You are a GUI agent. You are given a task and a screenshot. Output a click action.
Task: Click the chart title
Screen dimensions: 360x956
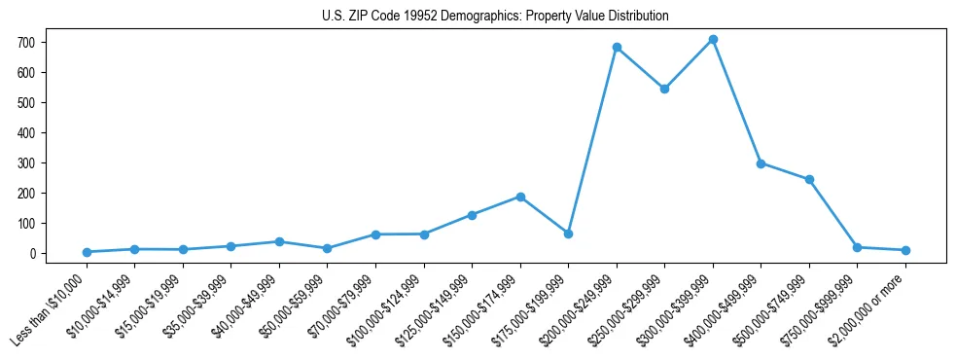[495, 17]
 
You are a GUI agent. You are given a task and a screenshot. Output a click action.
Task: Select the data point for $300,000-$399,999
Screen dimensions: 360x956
[713, 40]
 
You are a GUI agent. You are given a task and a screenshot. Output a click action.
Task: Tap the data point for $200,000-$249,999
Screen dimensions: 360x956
[617, 47]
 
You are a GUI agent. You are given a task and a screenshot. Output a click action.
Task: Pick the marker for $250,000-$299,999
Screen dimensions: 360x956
[664, 89]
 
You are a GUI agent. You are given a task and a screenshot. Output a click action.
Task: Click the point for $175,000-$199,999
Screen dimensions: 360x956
[568, 234]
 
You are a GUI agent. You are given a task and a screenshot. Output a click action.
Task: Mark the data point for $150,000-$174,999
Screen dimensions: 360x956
[520, 197]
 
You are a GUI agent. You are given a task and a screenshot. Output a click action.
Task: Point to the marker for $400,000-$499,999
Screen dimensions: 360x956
[761, 163]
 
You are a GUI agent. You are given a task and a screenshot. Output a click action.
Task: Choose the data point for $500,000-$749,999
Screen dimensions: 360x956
[809, 179]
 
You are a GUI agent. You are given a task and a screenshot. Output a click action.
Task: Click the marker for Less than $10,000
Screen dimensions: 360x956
[87, 252]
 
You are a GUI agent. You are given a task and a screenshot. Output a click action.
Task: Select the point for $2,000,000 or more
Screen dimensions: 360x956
[905, 250]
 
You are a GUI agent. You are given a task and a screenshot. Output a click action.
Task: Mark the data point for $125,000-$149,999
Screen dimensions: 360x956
[472, 215]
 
